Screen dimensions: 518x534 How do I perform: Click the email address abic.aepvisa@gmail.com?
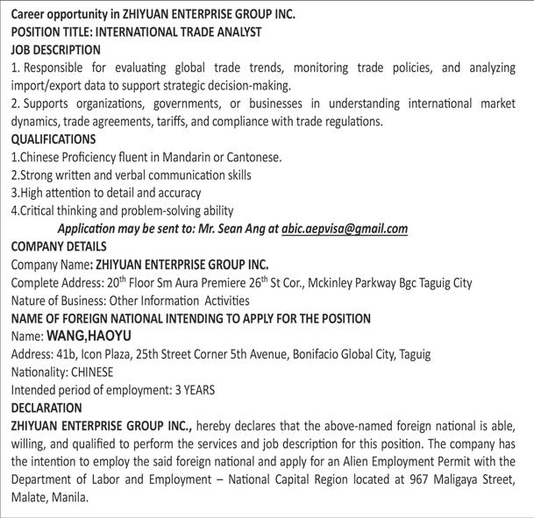tap(345, 229)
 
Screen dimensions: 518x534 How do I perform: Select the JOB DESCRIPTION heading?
tap(55, 50)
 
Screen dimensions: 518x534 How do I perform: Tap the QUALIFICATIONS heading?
tap(53, 139)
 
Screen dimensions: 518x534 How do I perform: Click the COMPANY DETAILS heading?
tap(59, 246)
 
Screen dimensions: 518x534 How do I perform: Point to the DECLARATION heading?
tap(46, 408)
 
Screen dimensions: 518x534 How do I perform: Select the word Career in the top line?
tap(31, 14)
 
